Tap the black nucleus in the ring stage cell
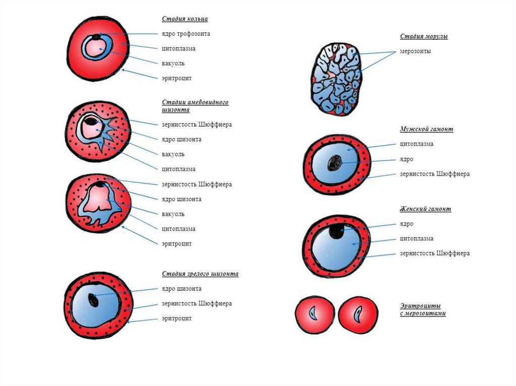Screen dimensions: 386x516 (96, 36)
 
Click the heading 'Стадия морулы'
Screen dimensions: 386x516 (424, 37)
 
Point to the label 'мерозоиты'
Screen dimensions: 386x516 (416, 51)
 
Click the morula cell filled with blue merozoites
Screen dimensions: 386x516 (336, 78)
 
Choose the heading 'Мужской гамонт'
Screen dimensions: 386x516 (426, 129)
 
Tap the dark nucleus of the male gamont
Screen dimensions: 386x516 (334, 163)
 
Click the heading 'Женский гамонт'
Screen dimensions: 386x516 (425, 209)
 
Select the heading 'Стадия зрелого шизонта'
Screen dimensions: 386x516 (200, 274)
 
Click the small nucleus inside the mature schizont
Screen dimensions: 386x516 (94, 299)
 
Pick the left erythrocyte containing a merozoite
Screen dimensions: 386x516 (314, 315)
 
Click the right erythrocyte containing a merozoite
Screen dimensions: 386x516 (358, 315)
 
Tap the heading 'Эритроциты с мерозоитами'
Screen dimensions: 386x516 (423, 310)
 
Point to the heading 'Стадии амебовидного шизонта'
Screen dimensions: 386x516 (195, 106)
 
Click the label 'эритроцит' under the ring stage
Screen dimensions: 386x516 (176, 79)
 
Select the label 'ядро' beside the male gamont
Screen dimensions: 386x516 (407, 159)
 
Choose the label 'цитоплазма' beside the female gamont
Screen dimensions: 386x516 (417, 239)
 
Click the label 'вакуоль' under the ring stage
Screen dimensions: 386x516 (173, 63)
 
